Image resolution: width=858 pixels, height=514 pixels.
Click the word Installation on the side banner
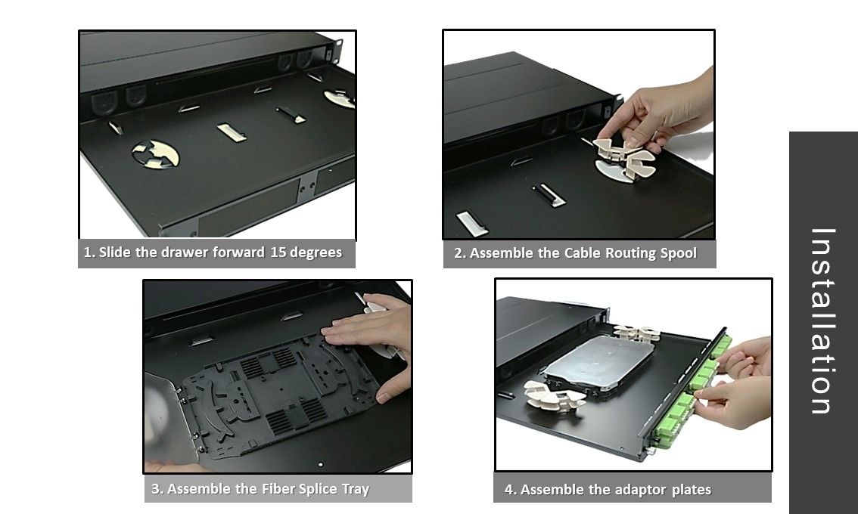coord(822,321)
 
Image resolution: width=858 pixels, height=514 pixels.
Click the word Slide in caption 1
coord(115,252)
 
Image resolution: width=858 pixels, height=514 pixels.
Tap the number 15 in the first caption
coord(278,252)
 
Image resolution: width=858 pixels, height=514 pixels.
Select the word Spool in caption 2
coord(679,253)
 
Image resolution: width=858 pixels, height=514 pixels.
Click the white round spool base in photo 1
coord(155,154)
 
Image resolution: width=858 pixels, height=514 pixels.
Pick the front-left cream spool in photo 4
coord(555,396)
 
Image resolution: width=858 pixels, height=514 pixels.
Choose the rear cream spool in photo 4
coord(636,333)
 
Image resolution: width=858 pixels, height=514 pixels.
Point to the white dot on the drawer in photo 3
coord(320,465)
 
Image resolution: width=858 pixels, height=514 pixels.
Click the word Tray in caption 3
coord(356,489)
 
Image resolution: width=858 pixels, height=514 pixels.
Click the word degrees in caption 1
coord(316,252)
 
